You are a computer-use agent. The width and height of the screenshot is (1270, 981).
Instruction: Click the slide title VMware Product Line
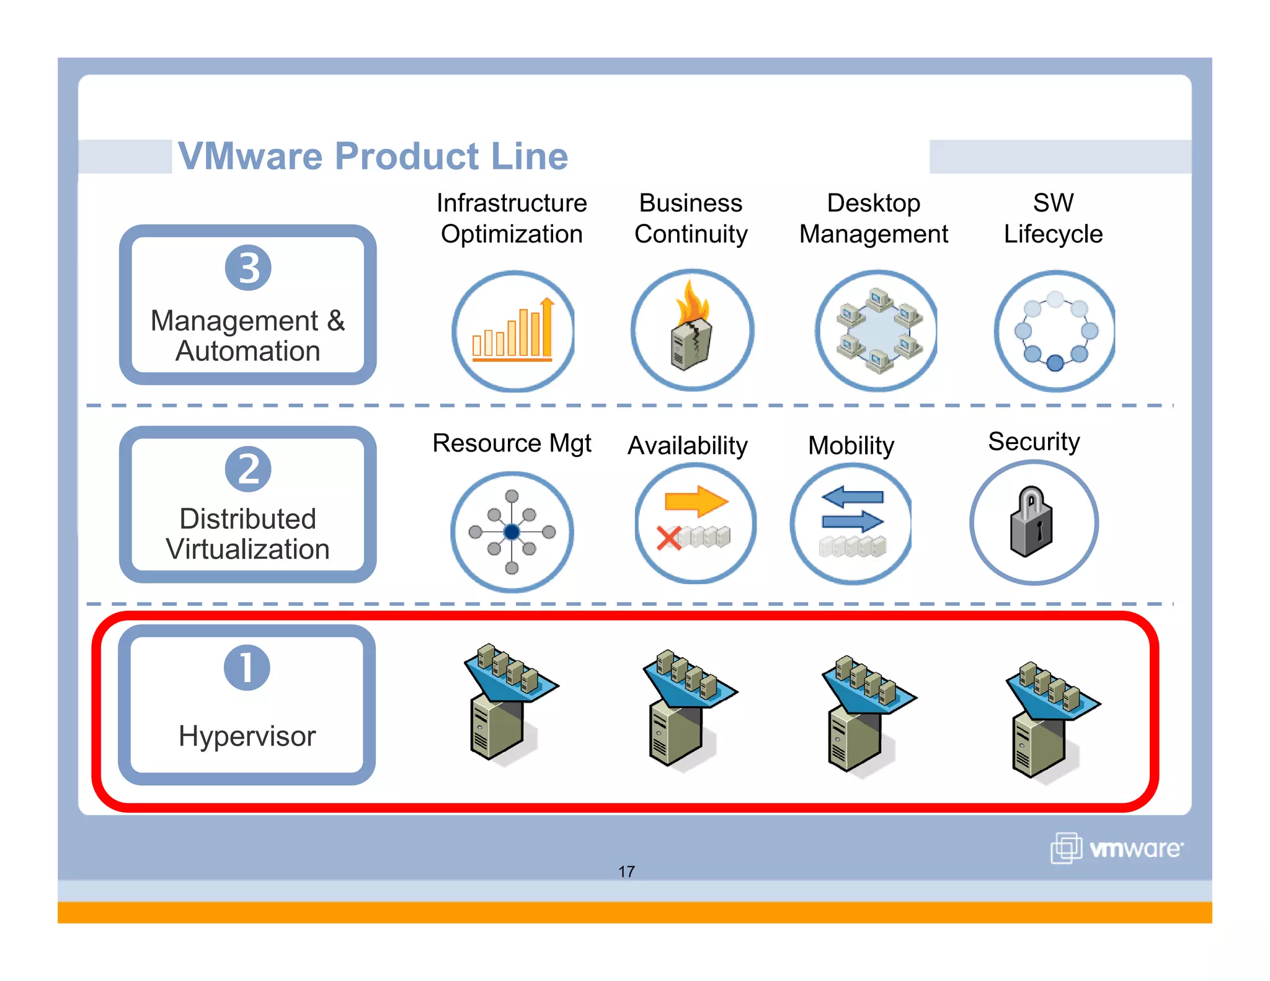[x=373, y=156]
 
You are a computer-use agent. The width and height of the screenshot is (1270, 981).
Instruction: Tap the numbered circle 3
[x=248, y=268]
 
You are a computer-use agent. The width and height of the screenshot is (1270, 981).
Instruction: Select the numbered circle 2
[x=248, y=469]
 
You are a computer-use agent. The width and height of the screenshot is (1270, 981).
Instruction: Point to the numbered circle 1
[x=247, y=668]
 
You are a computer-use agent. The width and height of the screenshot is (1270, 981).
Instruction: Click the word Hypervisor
[x=247, y=736]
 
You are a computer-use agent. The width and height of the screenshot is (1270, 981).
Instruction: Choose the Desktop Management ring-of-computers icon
[x=877, y=331]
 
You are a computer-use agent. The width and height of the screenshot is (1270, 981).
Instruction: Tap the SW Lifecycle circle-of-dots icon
[x=1055, y=331]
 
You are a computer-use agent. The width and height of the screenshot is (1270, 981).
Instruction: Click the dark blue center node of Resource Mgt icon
[x=512, y=531]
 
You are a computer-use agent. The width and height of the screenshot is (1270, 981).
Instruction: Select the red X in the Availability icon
[x=668, y=538]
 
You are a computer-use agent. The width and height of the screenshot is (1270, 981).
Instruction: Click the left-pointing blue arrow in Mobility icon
[x=852, y=496]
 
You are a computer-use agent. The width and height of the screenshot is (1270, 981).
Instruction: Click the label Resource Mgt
[x=512, y=443]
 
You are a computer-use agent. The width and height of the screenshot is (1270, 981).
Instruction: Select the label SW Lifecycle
[x=1053, y=218]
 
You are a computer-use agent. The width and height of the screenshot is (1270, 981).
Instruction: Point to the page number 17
[x=626, y=871]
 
